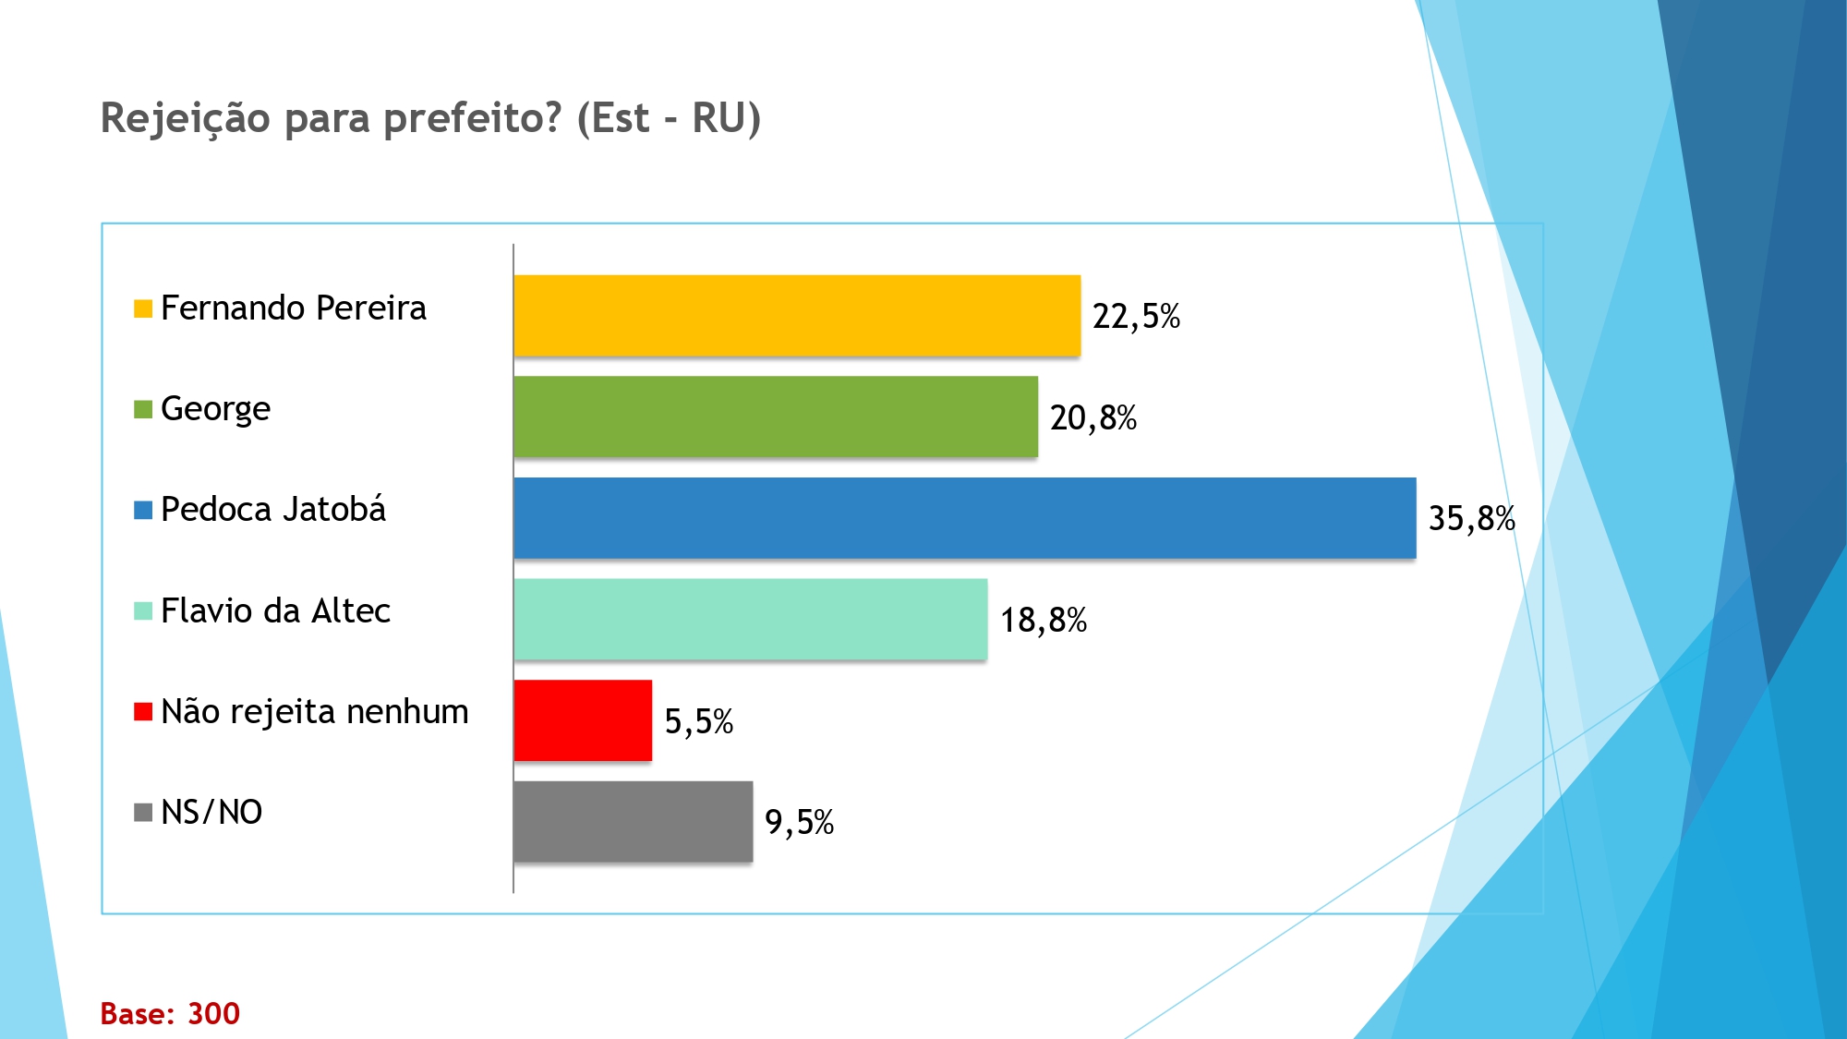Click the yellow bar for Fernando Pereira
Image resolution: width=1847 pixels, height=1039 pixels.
pos(796,315)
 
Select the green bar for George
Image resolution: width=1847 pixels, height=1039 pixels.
pos(775,417)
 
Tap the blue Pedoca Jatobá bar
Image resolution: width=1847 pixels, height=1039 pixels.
pos(964,518)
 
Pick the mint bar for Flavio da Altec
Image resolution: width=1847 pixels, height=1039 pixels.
pos(750,619)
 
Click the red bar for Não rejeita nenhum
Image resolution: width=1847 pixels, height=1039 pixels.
pos(583,720)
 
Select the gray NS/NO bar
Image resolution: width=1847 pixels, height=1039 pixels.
pos(633,821)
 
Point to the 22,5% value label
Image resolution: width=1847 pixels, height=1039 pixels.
pos(1136,317)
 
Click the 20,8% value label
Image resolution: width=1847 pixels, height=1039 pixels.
pos(1093,418)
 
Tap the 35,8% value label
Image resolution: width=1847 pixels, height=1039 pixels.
pos(1471,519)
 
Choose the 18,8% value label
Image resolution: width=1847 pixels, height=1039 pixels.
pos(1044,621)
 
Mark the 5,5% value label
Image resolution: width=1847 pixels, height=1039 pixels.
pos(698,721)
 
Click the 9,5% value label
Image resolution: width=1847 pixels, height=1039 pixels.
pos(799,822)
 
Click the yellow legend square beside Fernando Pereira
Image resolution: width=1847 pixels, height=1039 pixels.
pos(143,308)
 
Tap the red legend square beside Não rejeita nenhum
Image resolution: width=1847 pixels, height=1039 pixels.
pos(143,712)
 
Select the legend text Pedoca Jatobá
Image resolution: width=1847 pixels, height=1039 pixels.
pos(273,510)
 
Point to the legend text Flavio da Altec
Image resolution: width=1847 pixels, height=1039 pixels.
pos(275,610)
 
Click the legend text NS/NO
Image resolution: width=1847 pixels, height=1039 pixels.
pos(211,813)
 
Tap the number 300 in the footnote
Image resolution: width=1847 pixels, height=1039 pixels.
pos(213,1014)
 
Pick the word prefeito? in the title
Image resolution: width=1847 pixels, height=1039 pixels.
pos(472,119)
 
